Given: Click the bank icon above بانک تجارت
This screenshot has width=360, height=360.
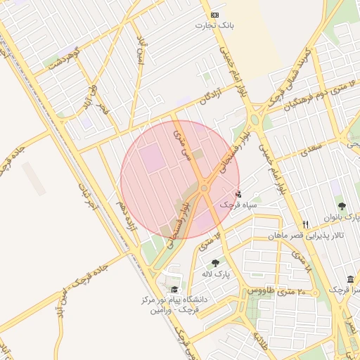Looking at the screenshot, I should (x=214, y=15).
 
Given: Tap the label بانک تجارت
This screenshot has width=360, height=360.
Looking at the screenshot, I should (x=214, y=25).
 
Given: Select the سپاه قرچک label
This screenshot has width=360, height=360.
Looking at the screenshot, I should (x=236, y=205).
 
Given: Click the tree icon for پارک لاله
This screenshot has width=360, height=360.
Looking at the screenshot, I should (x=216, y=263).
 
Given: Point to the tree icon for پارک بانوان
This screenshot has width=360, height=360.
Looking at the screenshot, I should (x=342, y=207).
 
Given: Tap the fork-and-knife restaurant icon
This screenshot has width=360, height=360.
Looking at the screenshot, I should (x=305, y=225).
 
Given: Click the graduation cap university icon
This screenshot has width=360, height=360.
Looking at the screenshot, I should (x=174, y=289).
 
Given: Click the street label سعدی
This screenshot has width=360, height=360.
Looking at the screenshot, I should (x=310, y=149).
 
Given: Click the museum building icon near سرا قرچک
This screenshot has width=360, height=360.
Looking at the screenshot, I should (x=350, y=279).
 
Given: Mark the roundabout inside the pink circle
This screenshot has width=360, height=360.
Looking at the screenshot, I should (x=204, y=188).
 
